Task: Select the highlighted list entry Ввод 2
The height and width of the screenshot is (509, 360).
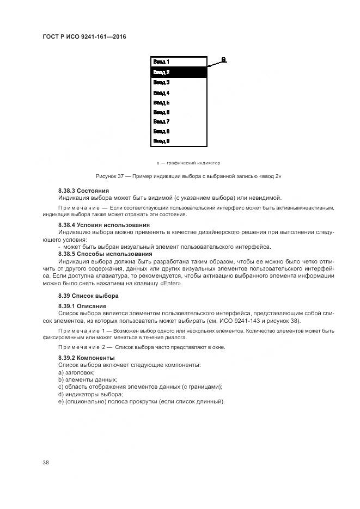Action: (161, 72)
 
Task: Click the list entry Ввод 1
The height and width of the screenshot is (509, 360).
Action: (161, 62)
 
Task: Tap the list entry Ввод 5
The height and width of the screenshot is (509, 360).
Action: (161, 102)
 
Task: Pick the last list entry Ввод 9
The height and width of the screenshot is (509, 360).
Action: (161, 141)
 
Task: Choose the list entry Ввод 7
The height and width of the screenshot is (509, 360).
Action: (161, 121)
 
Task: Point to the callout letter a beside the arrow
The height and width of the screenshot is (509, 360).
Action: (224, 59)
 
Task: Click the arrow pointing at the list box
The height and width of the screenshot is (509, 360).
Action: (217, 64)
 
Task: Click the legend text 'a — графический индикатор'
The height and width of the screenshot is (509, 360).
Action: (188, 162)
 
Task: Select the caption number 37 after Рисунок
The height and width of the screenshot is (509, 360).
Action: (121, 176)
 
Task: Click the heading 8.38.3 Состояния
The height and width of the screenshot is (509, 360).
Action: (83, 191)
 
